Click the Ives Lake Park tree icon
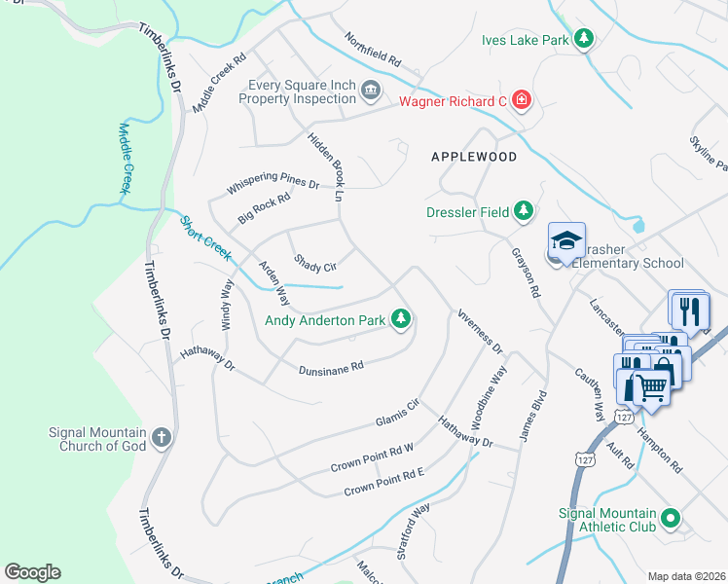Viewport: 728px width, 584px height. pos(583,39)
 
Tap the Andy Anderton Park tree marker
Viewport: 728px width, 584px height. pos(400,318)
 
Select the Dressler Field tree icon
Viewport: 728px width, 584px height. pos(524,210)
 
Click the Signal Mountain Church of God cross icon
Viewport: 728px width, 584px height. pos(162,439)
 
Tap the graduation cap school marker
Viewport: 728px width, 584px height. pos(566,240)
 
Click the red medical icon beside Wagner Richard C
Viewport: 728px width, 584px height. pos(522,99)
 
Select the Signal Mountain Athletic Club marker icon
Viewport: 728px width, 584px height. pos(670,521)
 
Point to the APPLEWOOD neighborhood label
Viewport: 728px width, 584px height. pos(474,156)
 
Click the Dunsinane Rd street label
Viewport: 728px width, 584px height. pos(331,367)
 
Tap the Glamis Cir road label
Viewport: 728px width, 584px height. pos(397,413)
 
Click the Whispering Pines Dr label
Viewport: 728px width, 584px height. pos(273,183)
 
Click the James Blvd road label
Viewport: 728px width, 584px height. pos(533,419)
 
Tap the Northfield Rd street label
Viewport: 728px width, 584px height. pos(373,48)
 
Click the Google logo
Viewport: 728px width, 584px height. pos(32,572)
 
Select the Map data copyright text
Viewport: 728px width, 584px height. pos(686,576)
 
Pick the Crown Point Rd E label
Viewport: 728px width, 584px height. pos(383,481)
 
